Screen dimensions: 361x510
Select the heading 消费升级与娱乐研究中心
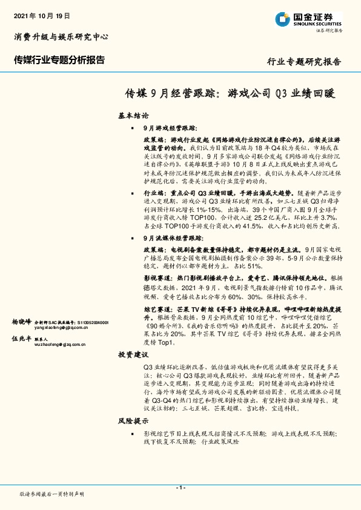(x=61, y=38)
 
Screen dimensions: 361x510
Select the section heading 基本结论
(x=131, y=115)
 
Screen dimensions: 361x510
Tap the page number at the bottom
(x=180, y=488)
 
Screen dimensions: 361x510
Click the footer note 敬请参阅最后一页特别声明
(x=52, y=495)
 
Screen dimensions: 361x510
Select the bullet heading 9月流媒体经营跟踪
(x=173, y=256)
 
